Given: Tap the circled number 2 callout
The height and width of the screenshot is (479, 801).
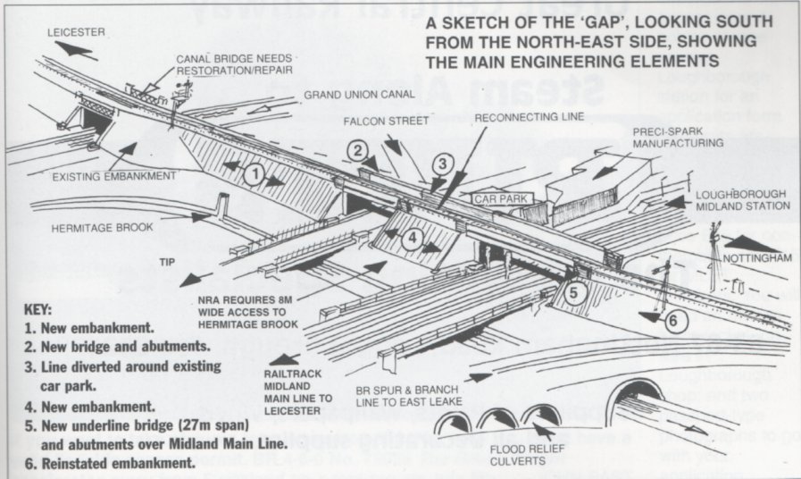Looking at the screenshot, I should (358, 151).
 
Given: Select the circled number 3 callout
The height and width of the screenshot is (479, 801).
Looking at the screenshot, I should (443, 164).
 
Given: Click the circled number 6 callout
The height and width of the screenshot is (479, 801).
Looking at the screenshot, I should (675, 320).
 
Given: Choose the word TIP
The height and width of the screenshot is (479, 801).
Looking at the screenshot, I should (166, 263).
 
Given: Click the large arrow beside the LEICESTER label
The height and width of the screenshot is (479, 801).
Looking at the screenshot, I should (72, 51).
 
